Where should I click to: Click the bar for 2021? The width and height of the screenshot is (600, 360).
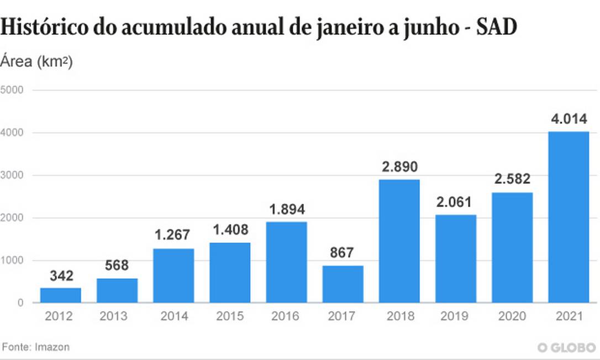pyautogui.click(x=569, y=217)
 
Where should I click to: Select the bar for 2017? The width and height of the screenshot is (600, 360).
pyautogui.click(x=343, y=284)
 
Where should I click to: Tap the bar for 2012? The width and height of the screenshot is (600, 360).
pyautogui.click(x=61, y=295)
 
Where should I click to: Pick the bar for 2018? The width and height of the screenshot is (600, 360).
pyautogui.click(x=399, y=241)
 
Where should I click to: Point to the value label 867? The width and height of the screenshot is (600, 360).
pyautogui.click(x=343, y=253)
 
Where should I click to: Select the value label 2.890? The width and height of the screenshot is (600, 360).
pyautogui.click(x=399, y=167)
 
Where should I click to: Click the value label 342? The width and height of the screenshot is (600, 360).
pyautogui.click(x=61, y=275)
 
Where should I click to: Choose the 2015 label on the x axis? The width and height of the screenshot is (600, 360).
pyautogui.click(x=230, y=316)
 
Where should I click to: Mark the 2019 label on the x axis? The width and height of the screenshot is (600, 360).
pyautogui.click(x=456, y=316)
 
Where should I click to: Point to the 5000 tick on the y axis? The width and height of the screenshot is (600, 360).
pyautogui.click(x=12, y=90)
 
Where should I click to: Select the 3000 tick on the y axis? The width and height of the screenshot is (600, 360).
pyautogui.click(x=12, y=175)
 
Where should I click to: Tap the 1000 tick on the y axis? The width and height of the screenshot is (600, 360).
pyautogui.click(x=12, y=260)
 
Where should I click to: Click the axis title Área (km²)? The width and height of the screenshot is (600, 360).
pyautogui.click(x=36, y=61)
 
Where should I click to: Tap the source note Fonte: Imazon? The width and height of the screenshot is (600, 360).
pyautogui.click(x=36, y=347)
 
